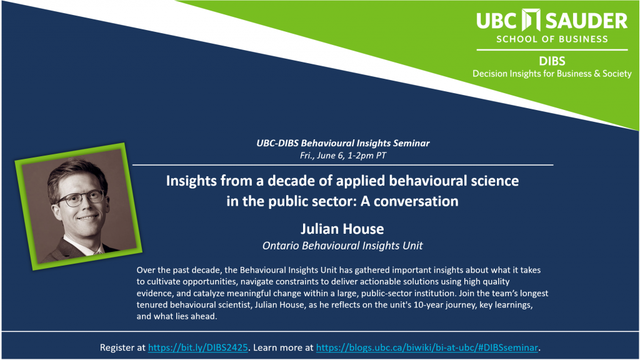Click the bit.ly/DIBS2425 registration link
tap(198, 347)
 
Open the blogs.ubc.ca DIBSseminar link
tap(427, 347)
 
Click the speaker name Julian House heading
tap(342, 229)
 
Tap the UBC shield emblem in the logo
tap(531, 20)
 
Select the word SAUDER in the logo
tap(586, 21)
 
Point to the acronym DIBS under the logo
tap(552, 61)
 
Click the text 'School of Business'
tap(552, 39)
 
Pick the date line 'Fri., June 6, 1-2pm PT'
tap(343, 156)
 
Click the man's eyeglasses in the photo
tap(80, 199)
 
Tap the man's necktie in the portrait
tap(98, 252)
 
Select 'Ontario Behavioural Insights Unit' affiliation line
tap(342, 246)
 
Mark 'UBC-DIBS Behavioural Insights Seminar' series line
tap(343, 143)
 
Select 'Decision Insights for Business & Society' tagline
tap(552, 74)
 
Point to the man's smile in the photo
tap(87, 219)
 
